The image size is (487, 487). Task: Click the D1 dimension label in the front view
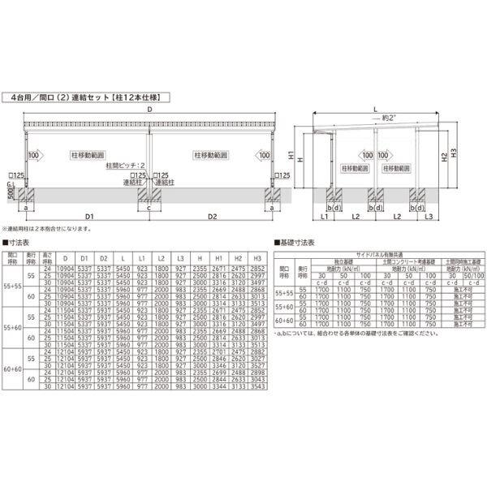(88, 218)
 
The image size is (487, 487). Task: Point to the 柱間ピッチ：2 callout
(125, 165)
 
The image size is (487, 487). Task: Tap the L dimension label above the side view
(376, 106)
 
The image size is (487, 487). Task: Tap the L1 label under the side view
(323, 218)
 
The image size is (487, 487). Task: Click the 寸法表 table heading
(19, 242)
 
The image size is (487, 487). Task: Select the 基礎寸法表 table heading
(296, 242)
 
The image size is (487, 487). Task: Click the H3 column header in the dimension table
(258, 256)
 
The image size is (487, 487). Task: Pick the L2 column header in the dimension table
(161, 256)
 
